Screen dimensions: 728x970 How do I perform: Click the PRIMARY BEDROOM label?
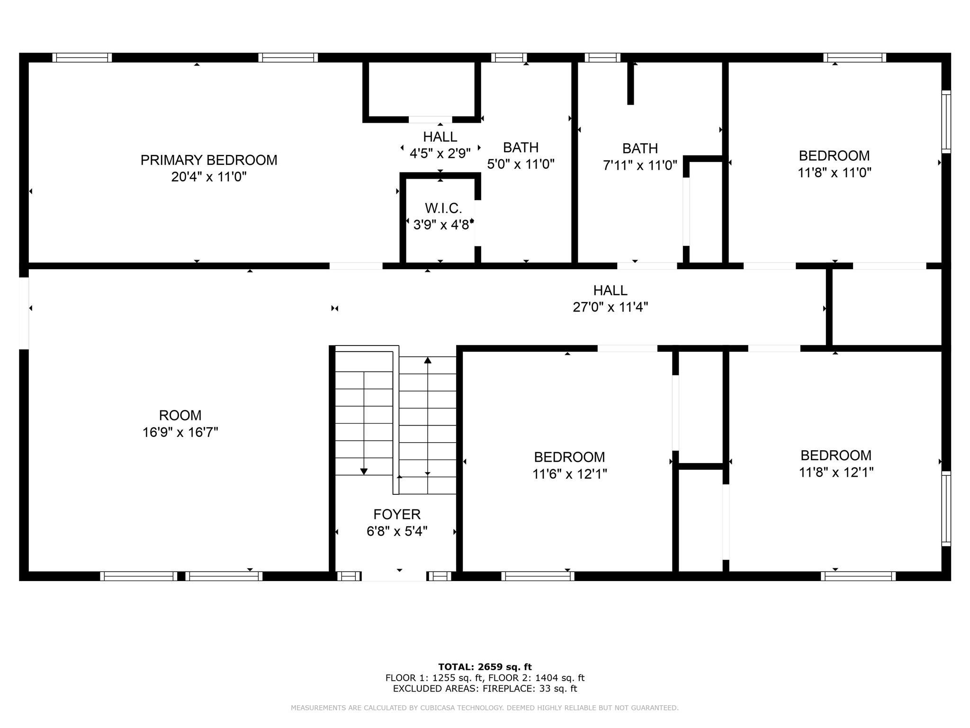[x=209, y=160]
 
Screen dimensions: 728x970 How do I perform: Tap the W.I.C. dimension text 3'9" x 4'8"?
[x=442, y=225]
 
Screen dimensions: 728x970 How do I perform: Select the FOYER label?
[x=397, y=514]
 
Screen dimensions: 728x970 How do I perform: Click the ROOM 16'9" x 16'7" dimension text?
[x=180, y=432]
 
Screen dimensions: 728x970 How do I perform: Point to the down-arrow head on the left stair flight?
[x=364, y=471]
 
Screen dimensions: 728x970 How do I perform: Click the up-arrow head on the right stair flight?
[x=428, y=360]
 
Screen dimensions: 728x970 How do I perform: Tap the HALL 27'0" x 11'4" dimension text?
[x=610, y=307]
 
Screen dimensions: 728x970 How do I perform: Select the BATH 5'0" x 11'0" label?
[x=521, y=147]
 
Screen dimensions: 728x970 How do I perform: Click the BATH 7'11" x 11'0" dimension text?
[x=640, y=165]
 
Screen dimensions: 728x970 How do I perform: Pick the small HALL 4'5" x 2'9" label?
[x=440, y=137]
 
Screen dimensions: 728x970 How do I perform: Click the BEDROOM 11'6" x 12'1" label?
[x=569, y=457]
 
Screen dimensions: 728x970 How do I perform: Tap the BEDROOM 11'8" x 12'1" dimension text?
[x=836, y=473]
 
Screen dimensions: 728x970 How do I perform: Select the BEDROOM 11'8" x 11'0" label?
[x=834, y=155]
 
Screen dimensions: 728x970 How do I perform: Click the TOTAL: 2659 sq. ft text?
[x=485, y=667]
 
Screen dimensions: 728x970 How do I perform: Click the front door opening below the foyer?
[x=394, y=576]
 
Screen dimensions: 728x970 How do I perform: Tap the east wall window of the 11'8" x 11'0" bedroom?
[x=946, y=122]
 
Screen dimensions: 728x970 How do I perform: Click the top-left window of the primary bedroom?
[x=82, y=58]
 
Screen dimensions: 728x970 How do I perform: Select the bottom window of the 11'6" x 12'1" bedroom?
[x=538, y=576]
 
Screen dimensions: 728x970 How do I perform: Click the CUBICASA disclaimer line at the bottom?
[x=485, y=708]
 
